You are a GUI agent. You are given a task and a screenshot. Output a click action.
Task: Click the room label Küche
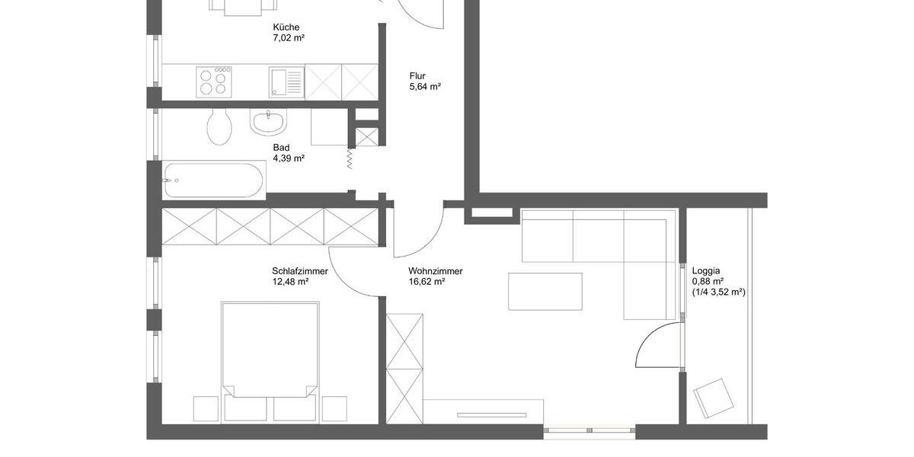[x=286, y=27]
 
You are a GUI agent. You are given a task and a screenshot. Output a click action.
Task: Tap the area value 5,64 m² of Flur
[x=425, y=87]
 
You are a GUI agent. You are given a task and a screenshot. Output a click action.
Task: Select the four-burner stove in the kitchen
[x=215, y=81]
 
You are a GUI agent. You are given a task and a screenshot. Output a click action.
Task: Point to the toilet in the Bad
[x=219, y=127]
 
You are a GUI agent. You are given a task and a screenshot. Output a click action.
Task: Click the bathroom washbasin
[x=267, y=121]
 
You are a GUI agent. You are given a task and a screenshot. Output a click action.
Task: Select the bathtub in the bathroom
[x=214, y=181]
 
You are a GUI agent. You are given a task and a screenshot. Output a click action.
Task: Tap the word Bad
[x=281, y=148]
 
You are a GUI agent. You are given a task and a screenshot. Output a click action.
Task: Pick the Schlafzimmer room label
[x=299, y=271]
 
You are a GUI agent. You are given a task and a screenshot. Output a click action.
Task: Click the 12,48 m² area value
[x=289, y=282]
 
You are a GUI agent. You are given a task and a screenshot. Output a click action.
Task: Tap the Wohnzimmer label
[x=435, y=271]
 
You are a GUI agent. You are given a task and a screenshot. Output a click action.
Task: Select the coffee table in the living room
[x=545, y=291]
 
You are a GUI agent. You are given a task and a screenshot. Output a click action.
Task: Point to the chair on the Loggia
[x=714, y=398]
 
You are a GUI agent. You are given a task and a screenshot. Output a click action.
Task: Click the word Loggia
[x=706, y=270]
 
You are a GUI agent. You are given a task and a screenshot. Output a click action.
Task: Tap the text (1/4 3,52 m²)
[x=718, y=292]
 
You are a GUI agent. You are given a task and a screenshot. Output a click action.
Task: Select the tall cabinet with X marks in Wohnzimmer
[x=404, y=358]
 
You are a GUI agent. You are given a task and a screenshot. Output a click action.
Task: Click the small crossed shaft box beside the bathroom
[x=366, y=137]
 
